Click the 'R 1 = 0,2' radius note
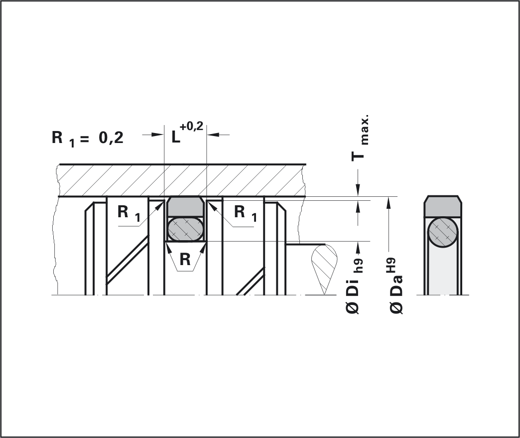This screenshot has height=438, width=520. pyautogui.click(x=88, y=138)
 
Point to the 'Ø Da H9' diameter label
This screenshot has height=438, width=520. pyautogui.click(x=396, y=286)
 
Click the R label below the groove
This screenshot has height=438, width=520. pyautogui.click(x=185, y=259)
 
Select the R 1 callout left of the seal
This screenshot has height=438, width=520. pyautogui.click(x=129, y=213)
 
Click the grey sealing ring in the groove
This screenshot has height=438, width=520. pyautogui.click(x=185, y=206)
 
